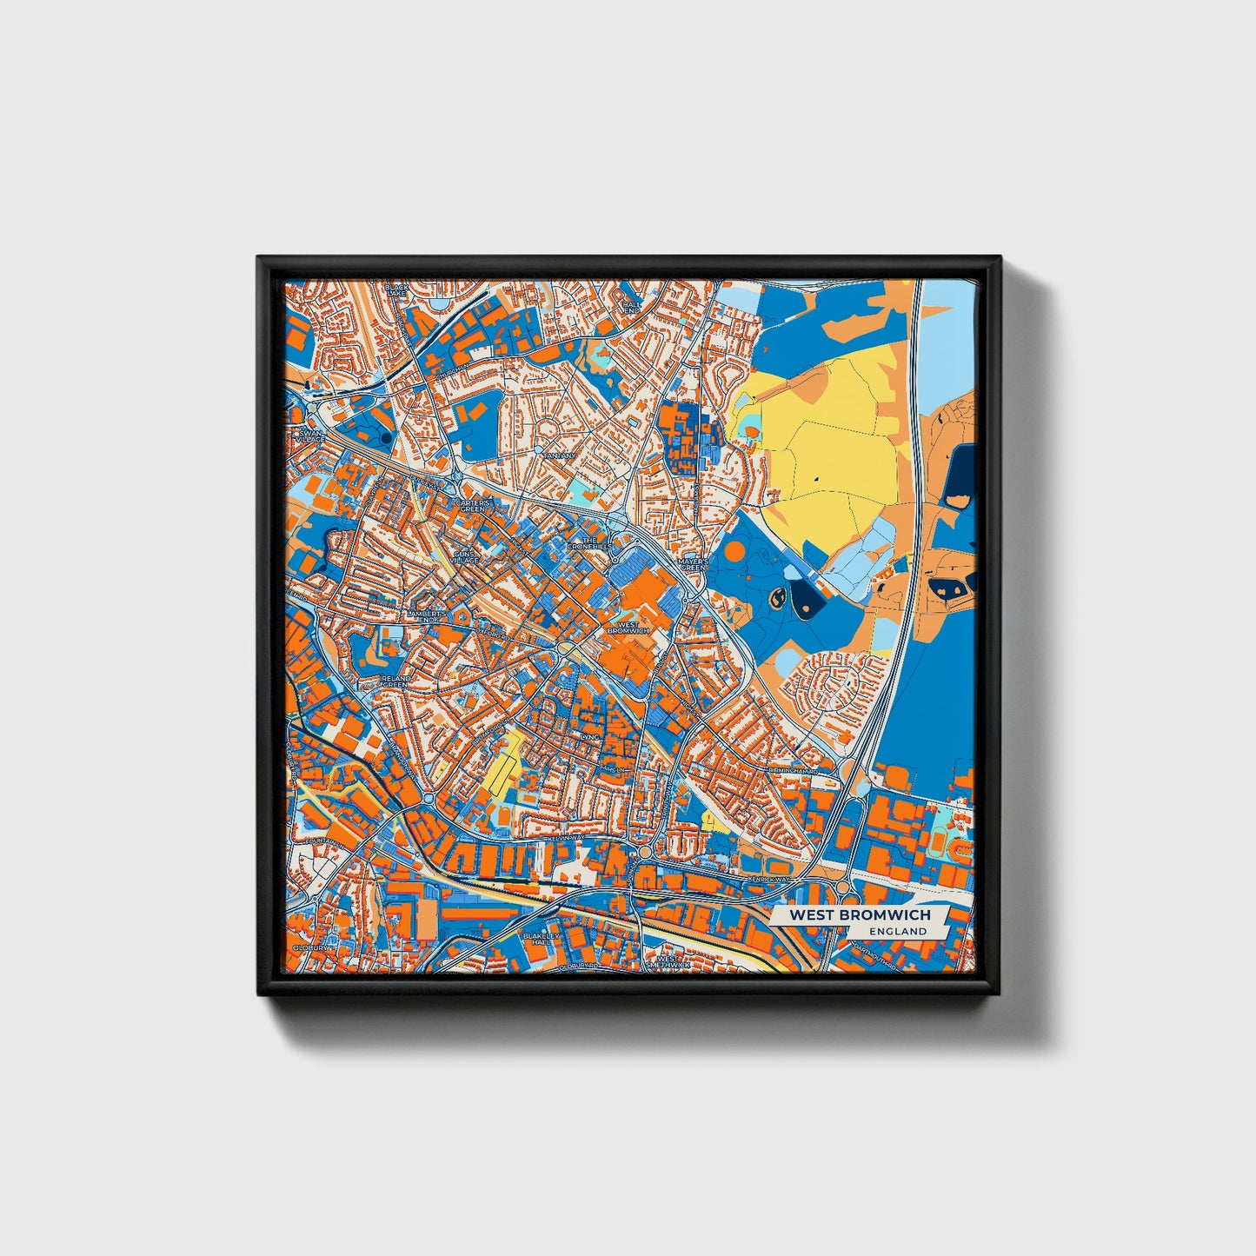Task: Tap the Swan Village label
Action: coord(309,435)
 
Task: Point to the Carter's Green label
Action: coord(474,505)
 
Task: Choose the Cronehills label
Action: coord(589,543)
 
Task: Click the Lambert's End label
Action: coord(425,616)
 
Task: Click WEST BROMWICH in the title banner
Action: coord(859,915)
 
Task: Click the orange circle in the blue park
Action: coord(734,550)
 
